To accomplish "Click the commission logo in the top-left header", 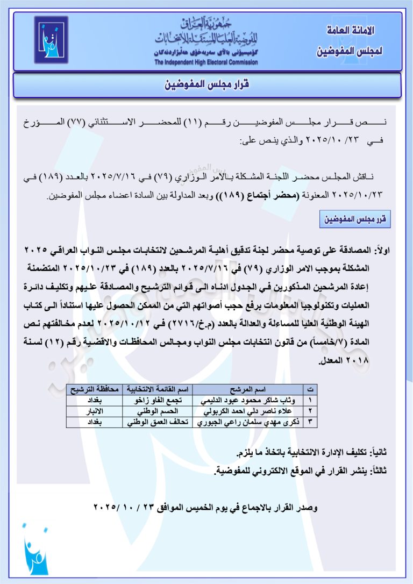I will (x=52, y=40).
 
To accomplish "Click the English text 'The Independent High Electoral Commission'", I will (x=206, y=62).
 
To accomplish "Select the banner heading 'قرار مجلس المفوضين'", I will (x=206, y=85).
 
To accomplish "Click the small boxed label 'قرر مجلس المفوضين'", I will (x=354, y=220).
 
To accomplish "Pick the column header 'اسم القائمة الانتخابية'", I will (x=157, y=389).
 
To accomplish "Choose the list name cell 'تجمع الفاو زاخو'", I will (x=157, y=400).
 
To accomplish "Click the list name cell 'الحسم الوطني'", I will (x=157, y=411).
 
